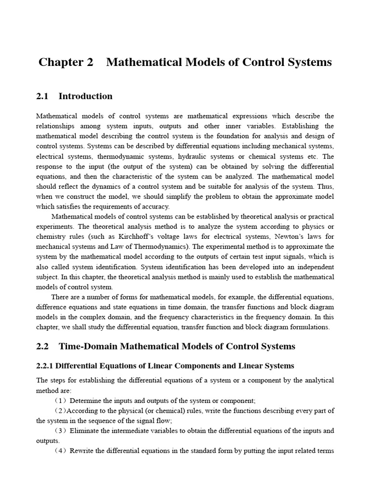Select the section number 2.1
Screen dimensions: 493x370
click(42, 96)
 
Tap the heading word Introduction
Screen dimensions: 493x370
click(85, 96)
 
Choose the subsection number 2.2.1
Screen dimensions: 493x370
click(47, 366)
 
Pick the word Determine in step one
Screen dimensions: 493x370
click(86, 401)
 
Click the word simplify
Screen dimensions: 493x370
click(176, 196)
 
